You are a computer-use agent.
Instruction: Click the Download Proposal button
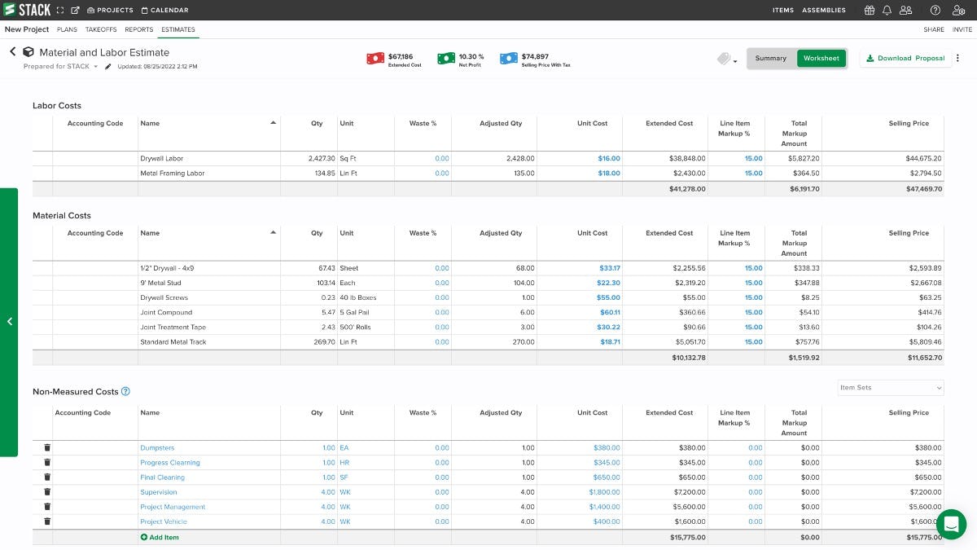point(905,59)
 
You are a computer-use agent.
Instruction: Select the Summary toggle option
point(770,59)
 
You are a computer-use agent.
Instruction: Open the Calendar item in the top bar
point(164,11)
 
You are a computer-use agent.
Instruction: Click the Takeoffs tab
point(101,29)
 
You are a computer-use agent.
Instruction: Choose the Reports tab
point(138,29)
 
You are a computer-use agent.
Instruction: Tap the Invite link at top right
point(962,29)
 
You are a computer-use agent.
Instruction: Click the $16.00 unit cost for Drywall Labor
point(608,159)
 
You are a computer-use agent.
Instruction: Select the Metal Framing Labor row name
point(173,174)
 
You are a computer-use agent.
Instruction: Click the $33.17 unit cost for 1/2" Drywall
point(609,268)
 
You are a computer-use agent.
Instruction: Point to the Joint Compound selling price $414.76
point(925,313)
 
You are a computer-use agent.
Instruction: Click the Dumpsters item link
point(157,448)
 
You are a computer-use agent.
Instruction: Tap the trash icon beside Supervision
point(47,492)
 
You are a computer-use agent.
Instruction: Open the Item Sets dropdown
point(891,388)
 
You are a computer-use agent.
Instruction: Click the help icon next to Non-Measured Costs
point(125,392)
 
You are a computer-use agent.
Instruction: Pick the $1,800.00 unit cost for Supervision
point(604,492)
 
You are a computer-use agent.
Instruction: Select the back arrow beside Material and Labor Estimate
point(12,52)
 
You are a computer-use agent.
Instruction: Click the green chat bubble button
point(951,524)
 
